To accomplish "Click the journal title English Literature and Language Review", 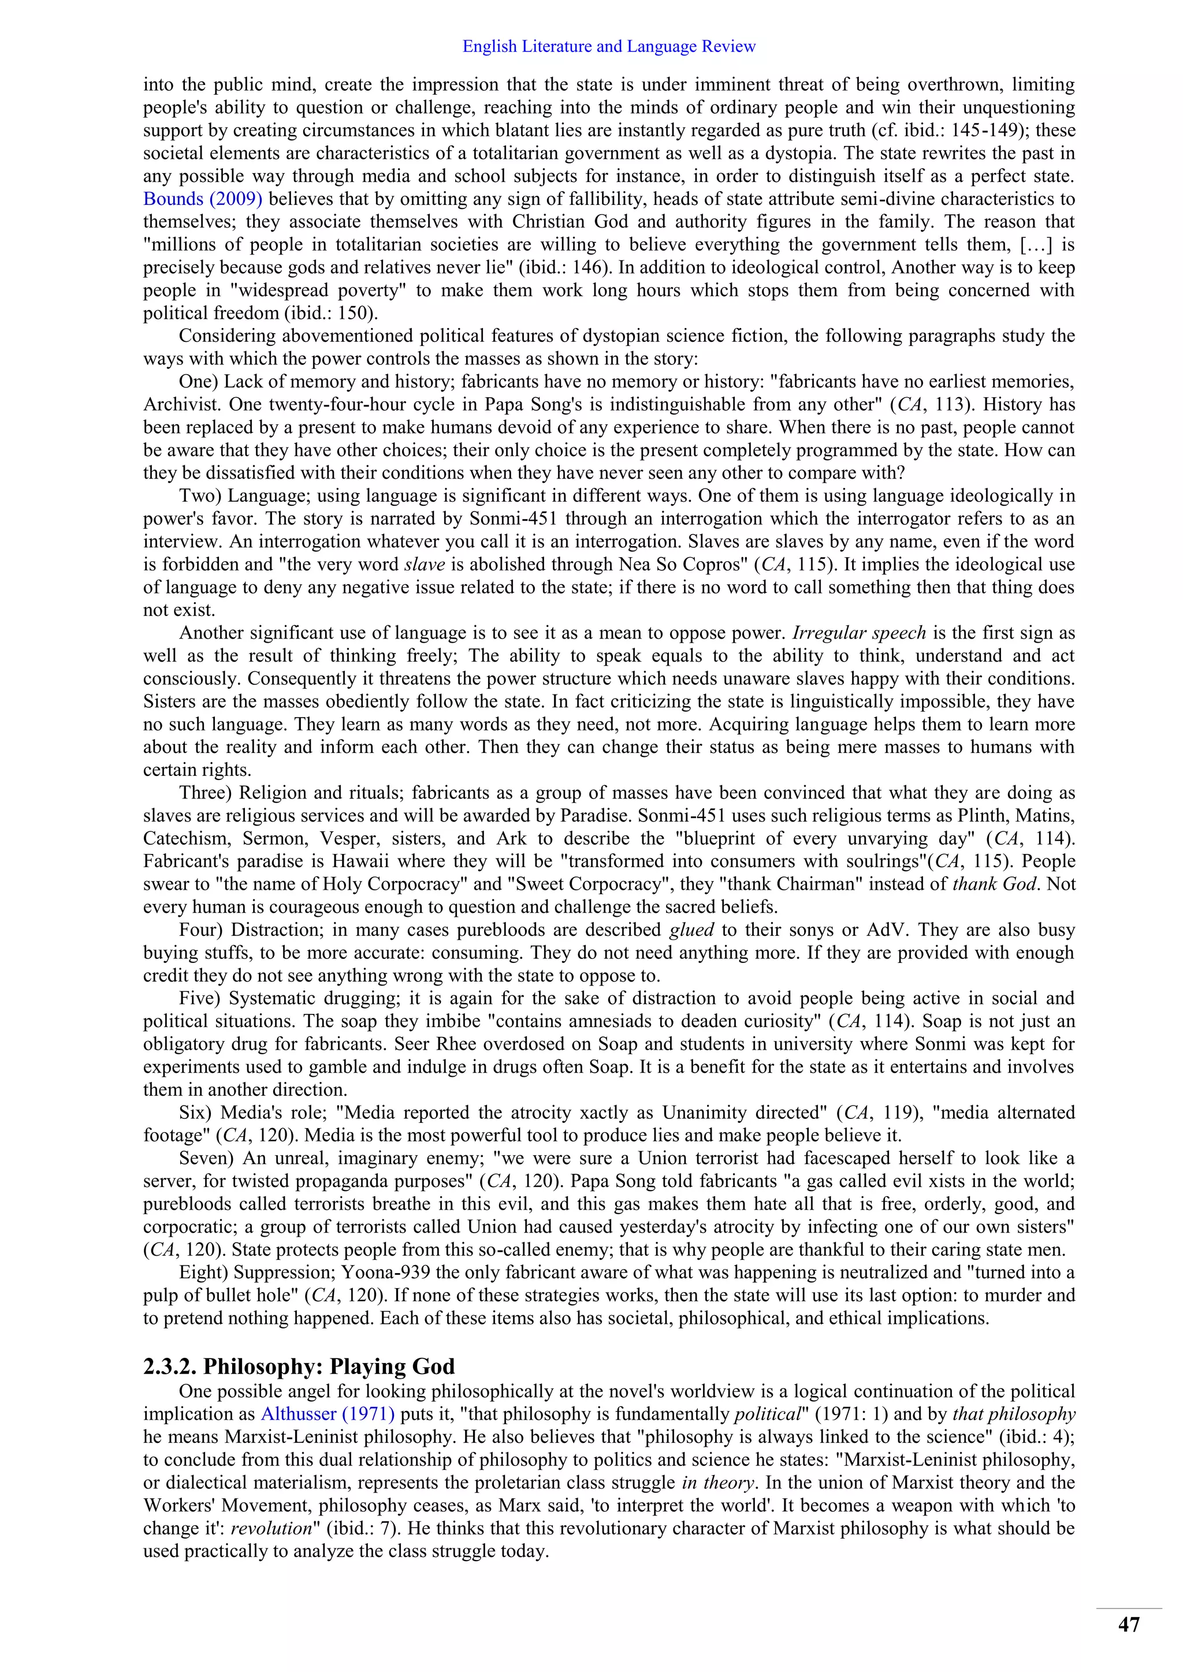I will (608, 47).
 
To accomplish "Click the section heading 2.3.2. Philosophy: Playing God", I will (299, 1365).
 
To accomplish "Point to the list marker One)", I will (198, 382).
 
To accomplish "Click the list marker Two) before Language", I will (200, 496).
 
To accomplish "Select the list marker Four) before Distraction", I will (202, 930).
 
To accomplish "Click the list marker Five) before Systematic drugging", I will (200, 998).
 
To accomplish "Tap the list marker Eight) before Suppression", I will (203, 1273).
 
